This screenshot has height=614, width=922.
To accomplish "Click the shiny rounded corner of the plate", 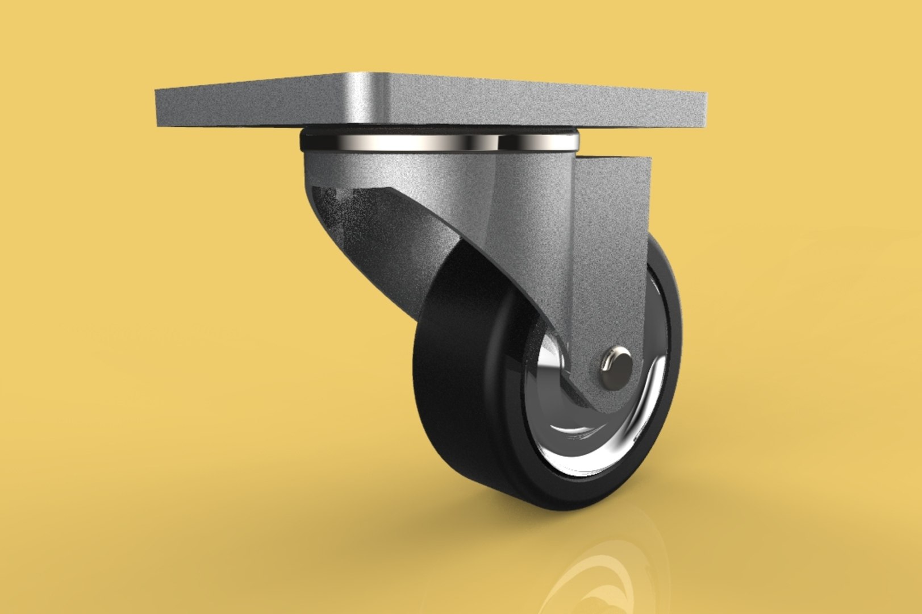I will (x=375, y=94).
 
